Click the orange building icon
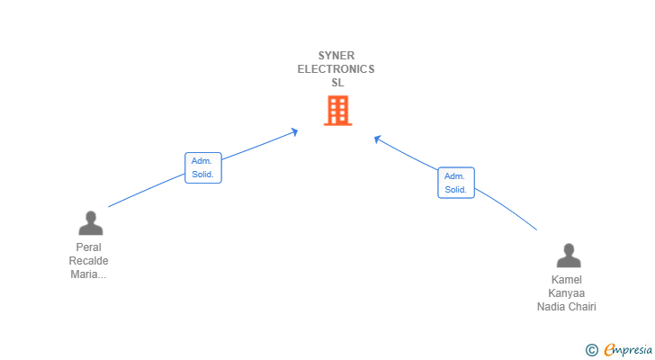coord(336,111)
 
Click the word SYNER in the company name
coord(336,56)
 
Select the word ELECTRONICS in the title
coord(336,69)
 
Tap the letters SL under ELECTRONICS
coord(336,83)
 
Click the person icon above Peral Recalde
coord(90,223)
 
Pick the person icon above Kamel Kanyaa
coord(568,256)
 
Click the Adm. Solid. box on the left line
coord(202,167)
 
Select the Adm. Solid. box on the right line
coord(455,183)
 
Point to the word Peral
coord(89,247)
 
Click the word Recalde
coord(89,261)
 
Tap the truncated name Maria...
coord(89,274)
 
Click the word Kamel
coord(567,280)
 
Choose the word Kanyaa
coord(567,293)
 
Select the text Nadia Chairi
coord(567,307)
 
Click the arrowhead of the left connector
coord(294,132)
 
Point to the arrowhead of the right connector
coord(378,139)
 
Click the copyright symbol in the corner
coord(591,350)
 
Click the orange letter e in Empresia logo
coord(609,350)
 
